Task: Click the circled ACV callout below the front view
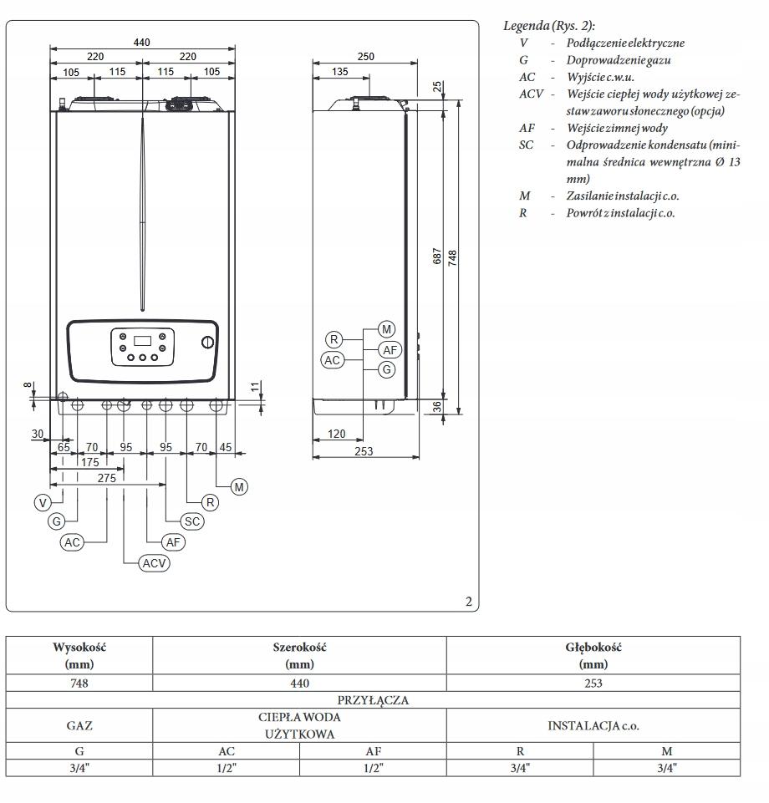[155, 563]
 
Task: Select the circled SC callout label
[192, 521]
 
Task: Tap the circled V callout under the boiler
[43, 502]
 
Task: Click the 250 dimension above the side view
[364, 57]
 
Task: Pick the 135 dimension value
[340, 72]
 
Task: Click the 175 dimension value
[89, 462]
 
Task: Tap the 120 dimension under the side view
[338, 435]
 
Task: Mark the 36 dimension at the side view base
[438, 406]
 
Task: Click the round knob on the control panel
[206, 343]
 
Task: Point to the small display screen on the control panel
[143, 341]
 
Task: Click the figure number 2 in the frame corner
[469, 601]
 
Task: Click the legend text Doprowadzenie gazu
[619, 60]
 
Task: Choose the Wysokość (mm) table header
[79, 656]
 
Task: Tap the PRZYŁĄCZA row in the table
[373, 700]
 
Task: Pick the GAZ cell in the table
[79, 725]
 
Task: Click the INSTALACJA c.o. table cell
[593, 725]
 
